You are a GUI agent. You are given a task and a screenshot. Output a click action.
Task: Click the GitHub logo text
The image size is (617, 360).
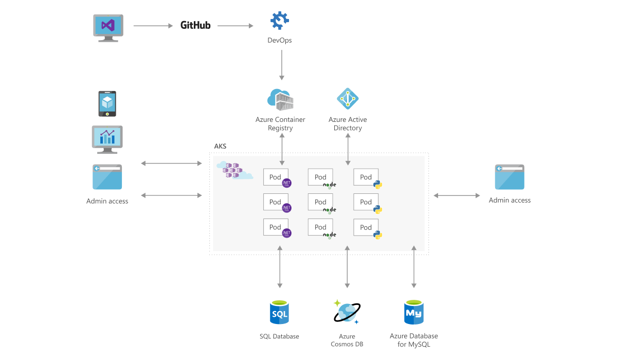[x=195, y=25]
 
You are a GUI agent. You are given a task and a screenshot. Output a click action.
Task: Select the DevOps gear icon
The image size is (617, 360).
[x=280, y=21]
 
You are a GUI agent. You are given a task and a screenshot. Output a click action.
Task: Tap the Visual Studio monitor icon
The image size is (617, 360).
[x=108, y=27]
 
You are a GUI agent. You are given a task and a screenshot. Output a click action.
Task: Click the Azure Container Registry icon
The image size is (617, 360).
[x=280, y=99]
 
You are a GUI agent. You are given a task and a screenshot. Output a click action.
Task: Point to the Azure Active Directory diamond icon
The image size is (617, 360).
[x=348, y=98]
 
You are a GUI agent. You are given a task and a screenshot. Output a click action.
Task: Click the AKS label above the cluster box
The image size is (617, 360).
[x=220, y=147]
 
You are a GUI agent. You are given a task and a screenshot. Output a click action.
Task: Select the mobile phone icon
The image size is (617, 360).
[x=107, y=103]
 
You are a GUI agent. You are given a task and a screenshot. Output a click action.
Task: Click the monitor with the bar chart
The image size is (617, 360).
[x=107, y=138]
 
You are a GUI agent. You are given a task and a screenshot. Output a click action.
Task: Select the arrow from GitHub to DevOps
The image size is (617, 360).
[x=235, y=25]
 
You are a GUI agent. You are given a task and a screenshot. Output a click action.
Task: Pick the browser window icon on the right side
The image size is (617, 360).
[x=510, y=177]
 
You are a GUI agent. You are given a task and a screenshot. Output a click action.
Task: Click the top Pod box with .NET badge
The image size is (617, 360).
[x=276, y=177]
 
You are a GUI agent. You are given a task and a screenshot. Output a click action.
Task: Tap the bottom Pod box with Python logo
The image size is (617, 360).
[x=366, y=228]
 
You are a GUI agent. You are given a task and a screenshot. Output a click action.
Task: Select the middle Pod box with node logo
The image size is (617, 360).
[x=321, y=202]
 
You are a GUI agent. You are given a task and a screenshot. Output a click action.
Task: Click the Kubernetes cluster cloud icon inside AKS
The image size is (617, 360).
[x=234, y=170]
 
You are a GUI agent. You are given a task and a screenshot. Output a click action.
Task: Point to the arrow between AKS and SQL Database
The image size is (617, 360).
[x=280, y=266]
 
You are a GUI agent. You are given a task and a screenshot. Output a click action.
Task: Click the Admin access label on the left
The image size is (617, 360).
[x=107, y=201]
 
